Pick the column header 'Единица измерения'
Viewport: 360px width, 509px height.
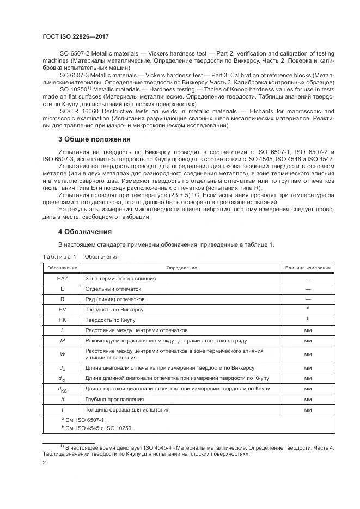coord(308,268)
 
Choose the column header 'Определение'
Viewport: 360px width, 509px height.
coord(181,268)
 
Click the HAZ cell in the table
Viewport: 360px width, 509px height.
coord(62,278)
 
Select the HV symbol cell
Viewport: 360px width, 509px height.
coord(62,309)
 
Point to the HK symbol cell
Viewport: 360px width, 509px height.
coord(62,320)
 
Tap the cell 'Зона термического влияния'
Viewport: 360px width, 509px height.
coord(120,278)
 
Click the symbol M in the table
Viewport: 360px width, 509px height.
coord(62,340)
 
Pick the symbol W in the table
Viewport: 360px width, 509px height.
coord(62,354)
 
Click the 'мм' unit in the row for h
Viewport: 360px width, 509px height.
coord(308,399)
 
